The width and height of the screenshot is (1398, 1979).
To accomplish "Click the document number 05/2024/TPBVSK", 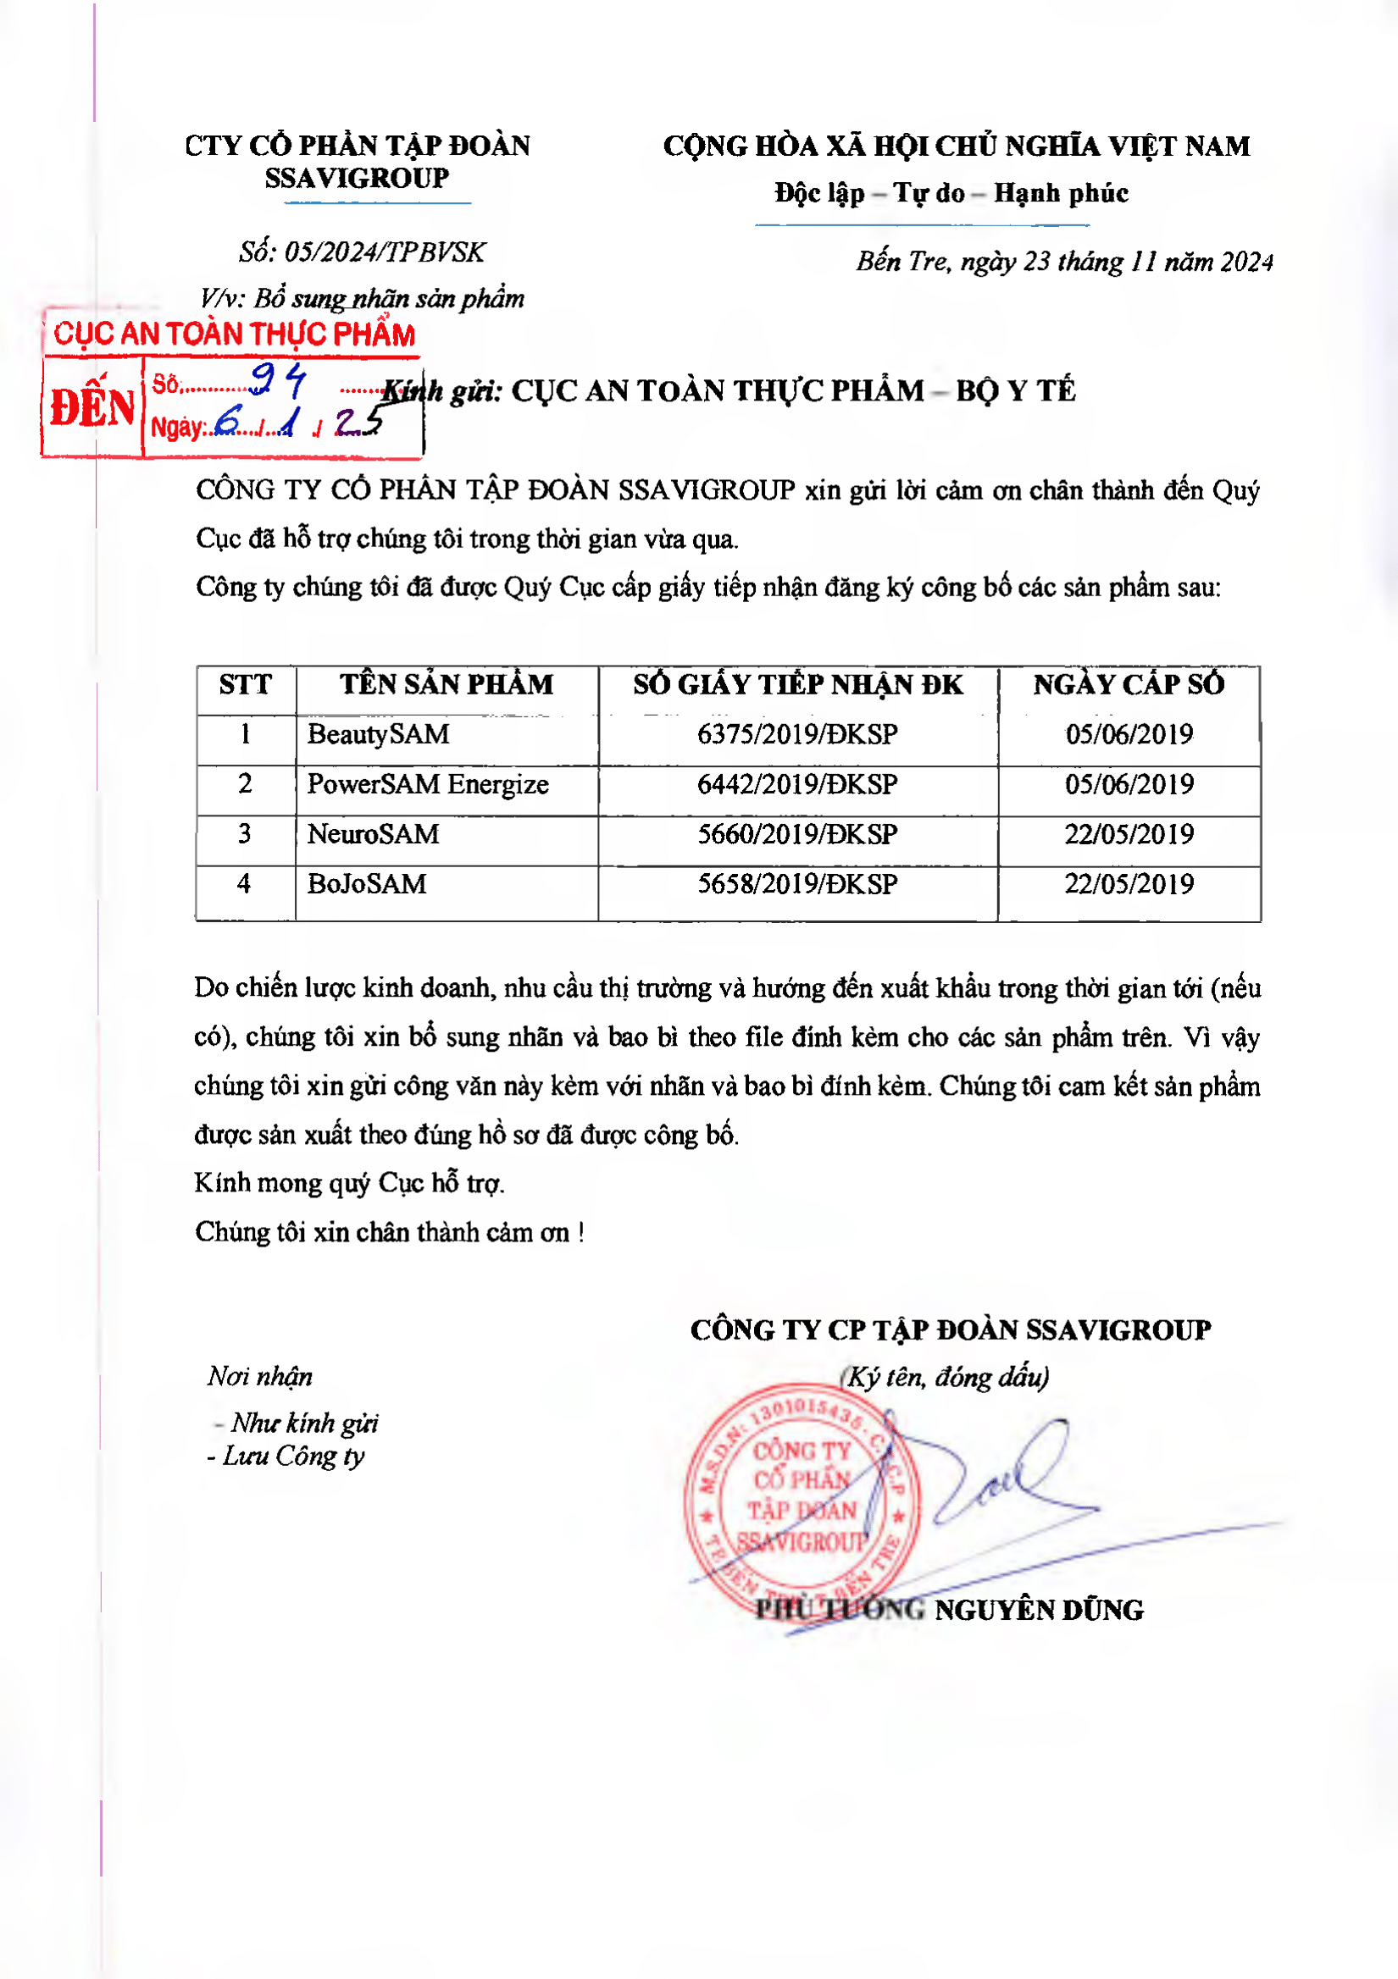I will pyautogui.click(x=385, y=252).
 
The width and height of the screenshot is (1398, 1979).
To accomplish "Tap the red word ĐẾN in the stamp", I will pyautogui.click(x=92, y=407).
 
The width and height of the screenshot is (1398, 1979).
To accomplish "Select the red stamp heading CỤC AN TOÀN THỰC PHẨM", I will pyautogui.click(x=234, y=334).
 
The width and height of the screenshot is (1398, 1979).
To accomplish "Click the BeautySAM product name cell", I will pyautogui.click(x=379, y=734).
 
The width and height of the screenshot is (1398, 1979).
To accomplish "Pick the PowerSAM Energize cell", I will pyautogui.click(x=428, y=784).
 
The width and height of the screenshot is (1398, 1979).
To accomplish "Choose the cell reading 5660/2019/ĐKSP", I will pyautogui.click(x=797, y=834).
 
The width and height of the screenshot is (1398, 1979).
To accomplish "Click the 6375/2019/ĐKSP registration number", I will pyautogui.click(x=797, y=734).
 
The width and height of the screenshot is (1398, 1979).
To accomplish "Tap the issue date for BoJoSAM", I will pyautogui.click(x=1129, y=884).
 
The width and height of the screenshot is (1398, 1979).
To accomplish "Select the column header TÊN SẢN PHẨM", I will pyautogui.click(x=446, y=684).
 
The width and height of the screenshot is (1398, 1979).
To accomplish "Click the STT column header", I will pyautogui.click(x=245, y=684).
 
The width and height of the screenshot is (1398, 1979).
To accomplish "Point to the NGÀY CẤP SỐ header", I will pyautogui.click(x=1129, y=684).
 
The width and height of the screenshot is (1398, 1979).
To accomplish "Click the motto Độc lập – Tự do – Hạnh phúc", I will pyautogui.click(x=951, y=193).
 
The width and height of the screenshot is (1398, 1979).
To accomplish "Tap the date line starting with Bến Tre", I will pyautogui.click(x=1064, y=261).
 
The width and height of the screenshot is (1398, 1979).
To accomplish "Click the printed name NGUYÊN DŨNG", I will pyautogui.click(x=1040, y=1610).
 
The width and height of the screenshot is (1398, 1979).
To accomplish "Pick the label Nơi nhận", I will pyautogui.click(x=259, y=1377).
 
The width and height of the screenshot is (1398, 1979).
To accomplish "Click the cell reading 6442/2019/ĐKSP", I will pyautogui.click(x=797, y=784).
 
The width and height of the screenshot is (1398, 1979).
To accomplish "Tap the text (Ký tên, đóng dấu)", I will pyautogui.click(x=945, y=1377).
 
